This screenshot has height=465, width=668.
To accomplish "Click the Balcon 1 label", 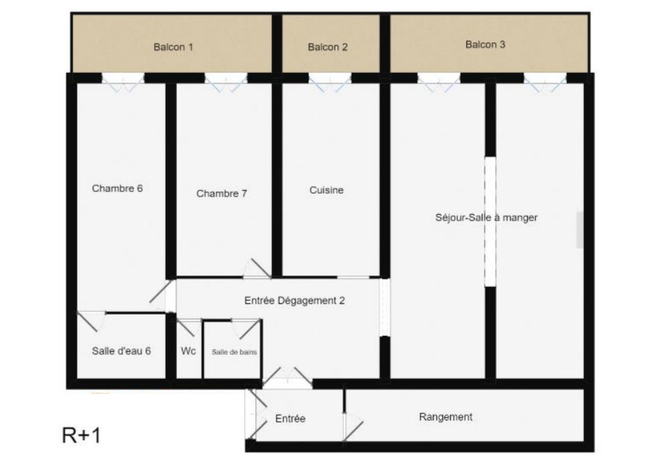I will pyautogui.click(x=173, y=47).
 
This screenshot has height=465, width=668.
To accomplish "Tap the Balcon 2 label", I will pyautogui.click(x=327, y=47).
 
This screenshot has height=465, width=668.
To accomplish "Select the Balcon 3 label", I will pyautogui.click(x=485, y=45).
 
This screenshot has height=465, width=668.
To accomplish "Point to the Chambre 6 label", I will pyautogui.click(x=118, y=188).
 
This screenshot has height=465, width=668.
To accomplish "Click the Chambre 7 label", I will pyautogui.click(x=222, y=193).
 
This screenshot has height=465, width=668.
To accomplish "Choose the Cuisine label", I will pyautogui.click(x=327, y=190).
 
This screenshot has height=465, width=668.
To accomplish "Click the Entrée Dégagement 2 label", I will pyautogui.click(x=295, y=300).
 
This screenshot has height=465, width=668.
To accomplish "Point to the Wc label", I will pyautogui.click(x=188, y=351).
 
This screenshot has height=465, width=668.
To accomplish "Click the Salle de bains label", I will pyautogui.click(x=234, y=351).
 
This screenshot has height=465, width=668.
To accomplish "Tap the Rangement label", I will pyautogui.click(x=446, y=417).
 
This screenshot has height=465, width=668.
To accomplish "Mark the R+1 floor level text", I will pyautogui.click(x=81, y=436).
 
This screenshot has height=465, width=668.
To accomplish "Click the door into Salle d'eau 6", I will pyautogui.click(x=92, y=320).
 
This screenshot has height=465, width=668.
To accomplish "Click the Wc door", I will pyautogui.click(x=192, y=326).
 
